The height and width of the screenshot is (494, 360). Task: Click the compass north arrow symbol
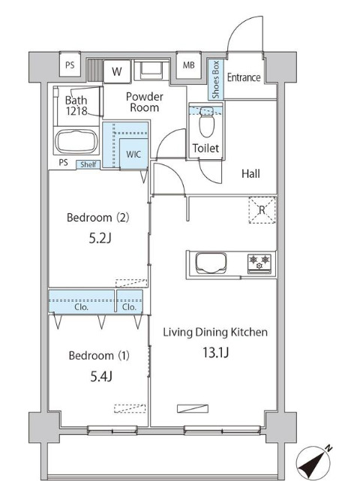[x=314, y=463]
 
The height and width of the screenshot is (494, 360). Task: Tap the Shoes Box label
[x=215, y=80]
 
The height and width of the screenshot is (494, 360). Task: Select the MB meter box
[x=188, y=65]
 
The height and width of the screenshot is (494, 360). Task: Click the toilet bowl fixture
[x=206, y=122]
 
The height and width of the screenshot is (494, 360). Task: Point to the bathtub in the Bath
[x=76, y=141]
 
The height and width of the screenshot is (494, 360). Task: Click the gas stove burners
[x=259, y=263]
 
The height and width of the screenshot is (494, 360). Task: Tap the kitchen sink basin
[x=211, y=263]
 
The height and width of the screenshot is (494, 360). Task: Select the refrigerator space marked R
[x=262, y=210]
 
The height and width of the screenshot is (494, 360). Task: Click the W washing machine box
[x=117, y=71]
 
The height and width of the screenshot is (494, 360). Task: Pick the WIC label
[x=133, y=155]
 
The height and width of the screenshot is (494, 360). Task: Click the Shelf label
[x=88, y=164]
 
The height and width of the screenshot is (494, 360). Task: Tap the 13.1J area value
[x=215, y=352]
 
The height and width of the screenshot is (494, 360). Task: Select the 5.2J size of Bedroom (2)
[x=100, y=239]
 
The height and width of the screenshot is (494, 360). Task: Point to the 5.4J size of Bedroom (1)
[x=101, y=376]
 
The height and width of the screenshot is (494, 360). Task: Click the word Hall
[x=250, y=173]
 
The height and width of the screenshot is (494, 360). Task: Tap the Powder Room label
[x=145, y=102]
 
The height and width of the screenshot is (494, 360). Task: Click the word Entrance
[x=244, y=77]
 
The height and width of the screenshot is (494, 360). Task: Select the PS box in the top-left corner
[x=70, y=65]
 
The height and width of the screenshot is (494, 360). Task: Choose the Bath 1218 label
[x=76, y=106]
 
